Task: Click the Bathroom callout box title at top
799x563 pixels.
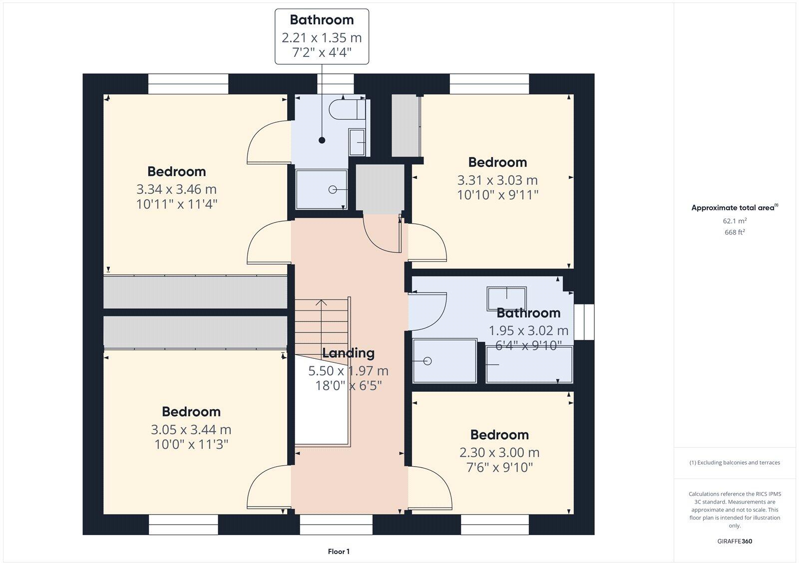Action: pos(322,20)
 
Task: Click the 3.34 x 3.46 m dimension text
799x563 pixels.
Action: pos(176,189)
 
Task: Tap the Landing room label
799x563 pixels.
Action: pos(348,353)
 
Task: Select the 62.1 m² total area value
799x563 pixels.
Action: pos(734,221)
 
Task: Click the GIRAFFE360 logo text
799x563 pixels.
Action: pos(735,541)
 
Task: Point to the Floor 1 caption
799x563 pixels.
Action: pos(339,552)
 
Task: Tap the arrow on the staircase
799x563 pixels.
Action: pos(321,303)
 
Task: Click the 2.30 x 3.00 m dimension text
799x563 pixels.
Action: pos(499,452)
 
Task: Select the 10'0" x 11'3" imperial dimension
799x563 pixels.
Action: pos(191,444)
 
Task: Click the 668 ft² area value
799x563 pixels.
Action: pos(734,232)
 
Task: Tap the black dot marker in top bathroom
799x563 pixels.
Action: pos(322,140)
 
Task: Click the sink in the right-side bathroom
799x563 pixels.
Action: pos(507,298)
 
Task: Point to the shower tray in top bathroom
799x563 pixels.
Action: pos(322,190)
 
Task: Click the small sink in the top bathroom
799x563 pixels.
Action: pos(357,142)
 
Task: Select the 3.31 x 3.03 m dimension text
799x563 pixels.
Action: pos(497,180)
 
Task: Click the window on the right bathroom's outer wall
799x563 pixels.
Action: pos(584,323)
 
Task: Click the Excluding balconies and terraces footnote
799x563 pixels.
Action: pos(735,463)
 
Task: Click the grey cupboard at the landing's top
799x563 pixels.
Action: pos(380,188)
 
